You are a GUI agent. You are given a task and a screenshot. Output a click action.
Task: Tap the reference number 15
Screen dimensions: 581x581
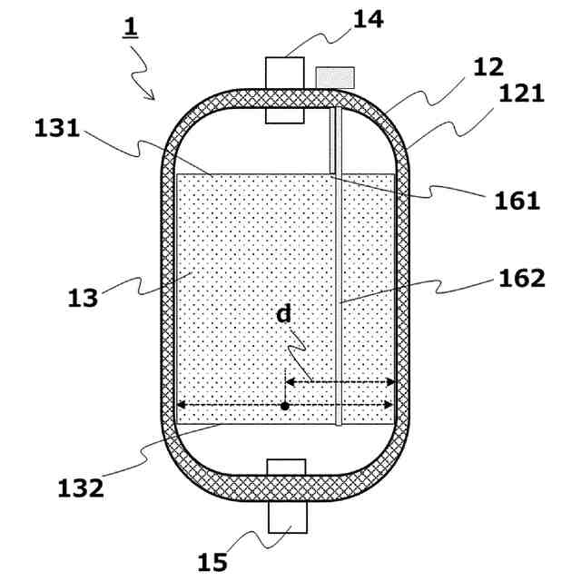[x=212, y=563]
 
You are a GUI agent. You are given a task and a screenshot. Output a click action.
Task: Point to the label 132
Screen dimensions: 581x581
[x=80, y=487]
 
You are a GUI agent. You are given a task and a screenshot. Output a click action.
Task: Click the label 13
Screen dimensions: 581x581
[x=83, y=297]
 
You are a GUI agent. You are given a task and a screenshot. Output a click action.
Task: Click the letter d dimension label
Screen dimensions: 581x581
[x=284, y=314]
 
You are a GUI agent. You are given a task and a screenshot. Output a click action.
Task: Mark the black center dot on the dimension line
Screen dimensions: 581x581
[x=285, y=406]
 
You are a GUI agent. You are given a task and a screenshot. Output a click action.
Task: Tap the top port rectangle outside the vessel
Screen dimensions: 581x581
[x=283, y=71]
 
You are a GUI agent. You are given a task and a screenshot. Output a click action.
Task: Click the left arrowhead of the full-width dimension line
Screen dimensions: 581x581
[x=180, y=406]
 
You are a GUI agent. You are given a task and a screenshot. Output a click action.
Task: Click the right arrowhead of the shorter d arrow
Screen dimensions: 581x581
[x=391, y=382]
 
